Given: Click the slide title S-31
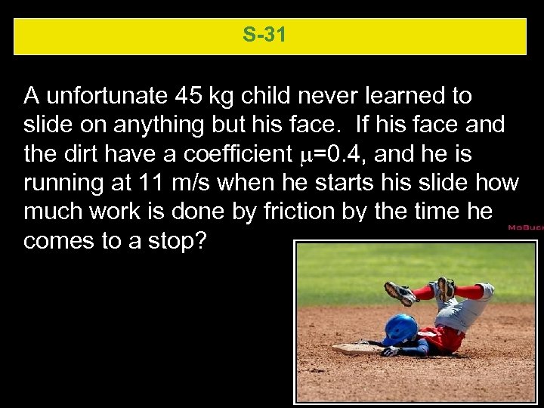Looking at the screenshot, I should [x=264, y=35].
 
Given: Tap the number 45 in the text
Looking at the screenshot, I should [x=188, y=96].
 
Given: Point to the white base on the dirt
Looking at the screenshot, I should [x=355, y=348].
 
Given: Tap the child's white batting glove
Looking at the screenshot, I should [x=391, y=351].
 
